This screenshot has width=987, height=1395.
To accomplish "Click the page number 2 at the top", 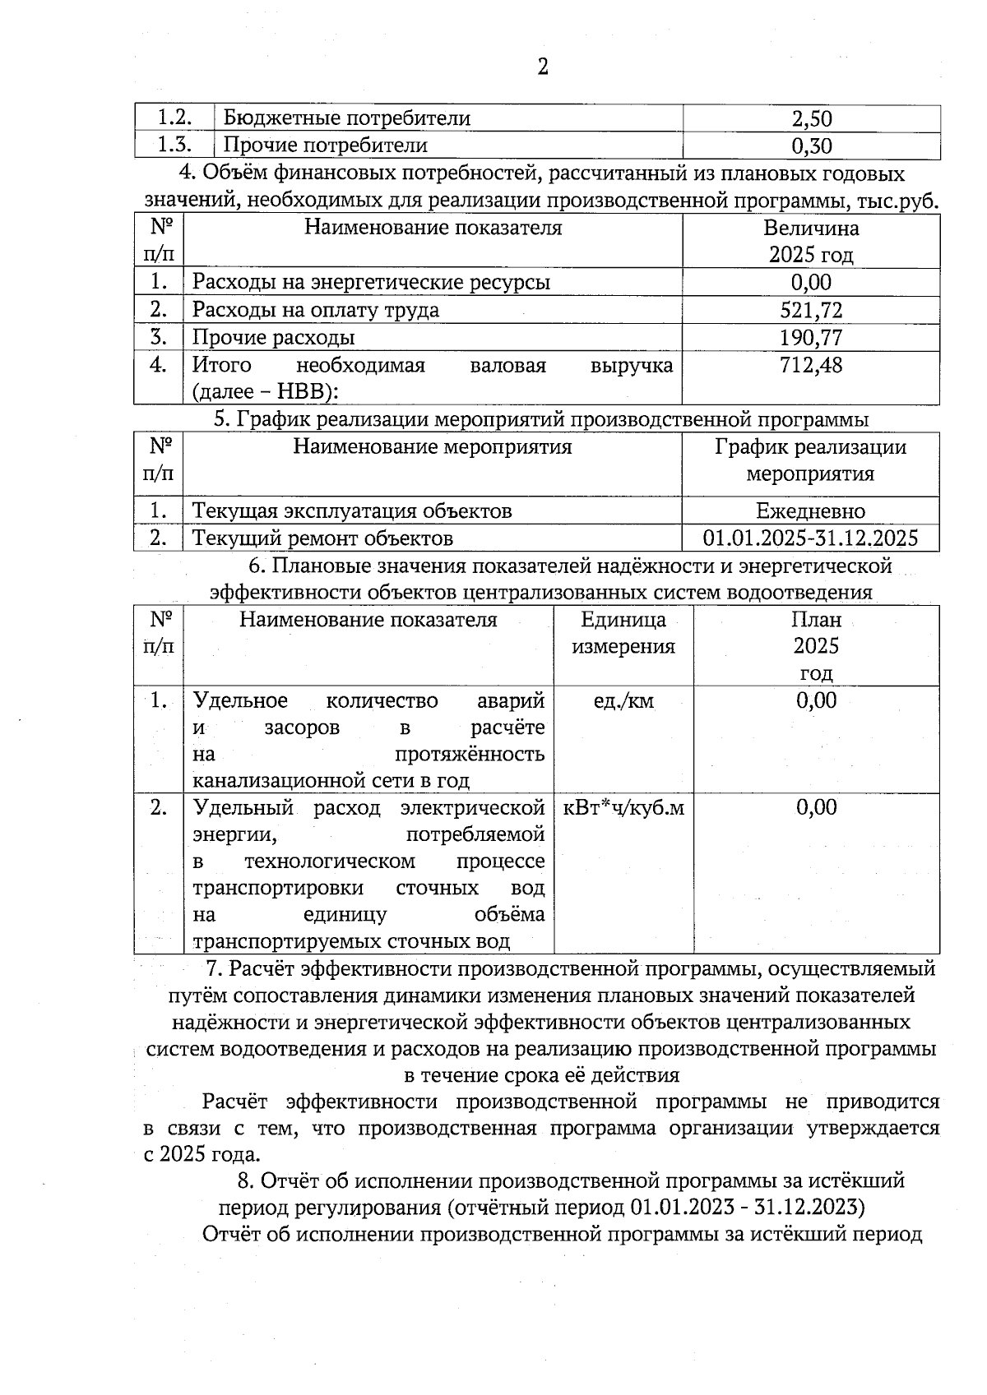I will [542, 67].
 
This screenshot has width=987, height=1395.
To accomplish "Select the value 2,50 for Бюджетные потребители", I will [811, 118].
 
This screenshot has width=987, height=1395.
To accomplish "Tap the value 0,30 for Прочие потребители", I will [811, 146].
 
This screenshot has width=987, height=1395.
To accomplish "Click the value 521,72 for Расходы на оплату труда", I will [811, 310].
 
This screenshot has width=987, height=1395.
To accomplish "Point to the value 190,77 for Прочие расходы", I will [811, 338].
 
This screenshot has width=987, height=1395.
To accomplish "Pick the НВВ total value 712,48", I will [811, 365].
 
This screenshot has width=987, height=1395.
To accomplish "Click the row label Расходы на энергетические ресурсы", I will [371, 283].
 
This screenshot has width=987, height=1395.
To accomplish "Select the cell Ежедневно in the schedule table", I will [810, 511].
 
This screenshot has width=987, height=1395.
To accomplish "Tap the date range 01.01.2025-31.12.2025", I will [810, 538].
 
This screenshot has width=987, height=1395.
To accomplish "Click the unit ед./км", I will [623, 701].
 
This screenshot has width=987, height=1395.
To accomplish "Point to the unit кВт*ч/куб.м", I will [623, 808].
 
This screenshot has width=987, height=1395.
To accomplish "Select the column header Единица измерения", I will [623, 633].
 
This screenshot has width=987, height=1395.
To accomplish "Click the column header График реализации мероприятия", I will [810, 460].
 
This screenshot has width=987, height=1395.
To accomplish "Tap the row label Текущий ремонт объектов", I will [322, 538].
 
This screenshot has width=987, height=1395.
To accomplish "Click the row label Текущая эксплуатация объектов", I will [352, 511].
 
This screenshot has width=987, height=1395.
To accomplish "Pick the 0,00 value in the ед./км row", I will [816, 701].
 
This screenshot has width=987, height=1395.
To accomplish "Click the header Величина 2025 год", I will [811, 241].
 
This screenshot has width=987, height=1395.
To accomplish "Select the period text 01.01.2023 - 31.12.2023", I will [748, 1208].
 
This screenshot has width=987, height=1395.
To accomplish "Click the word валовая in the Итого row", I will [507, 365].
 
